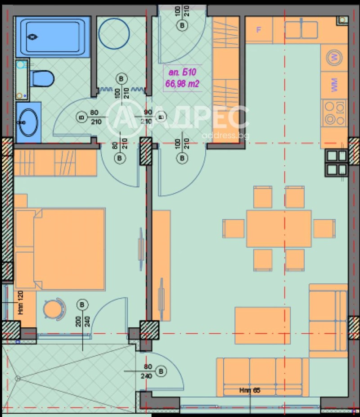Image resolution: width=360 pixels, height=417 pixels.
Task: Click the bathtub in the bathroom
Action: click(53, 36)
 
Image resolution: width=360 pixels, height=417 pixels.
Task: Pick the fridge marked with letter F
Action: click(259, 30)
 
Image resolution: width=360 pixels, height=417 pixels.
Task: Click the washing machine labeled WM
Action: click(334, 84)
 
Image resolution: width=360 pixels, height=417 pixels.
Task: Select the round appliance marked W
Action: click(334, 57)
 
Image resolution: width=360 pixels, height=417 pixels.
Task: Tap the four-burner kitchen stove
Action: click(334, 113)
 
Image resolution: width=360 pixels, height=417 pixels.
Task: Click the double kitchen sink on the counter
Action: click(301, 30)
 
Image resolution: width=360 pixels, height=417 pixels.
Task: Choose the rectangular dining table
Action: click(279, 228)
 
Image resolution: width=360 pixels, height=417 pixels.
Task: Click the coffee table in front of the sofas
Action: click(262, 325)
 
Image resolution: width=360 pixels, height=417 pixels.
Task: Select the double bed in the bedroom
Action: click(60, 249)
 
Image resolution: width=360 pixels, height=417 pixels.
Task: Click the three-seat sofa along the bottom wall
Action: click(262, 376)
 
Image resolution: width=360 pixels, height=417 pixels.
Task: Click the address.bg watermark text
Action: click(225, 136)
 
